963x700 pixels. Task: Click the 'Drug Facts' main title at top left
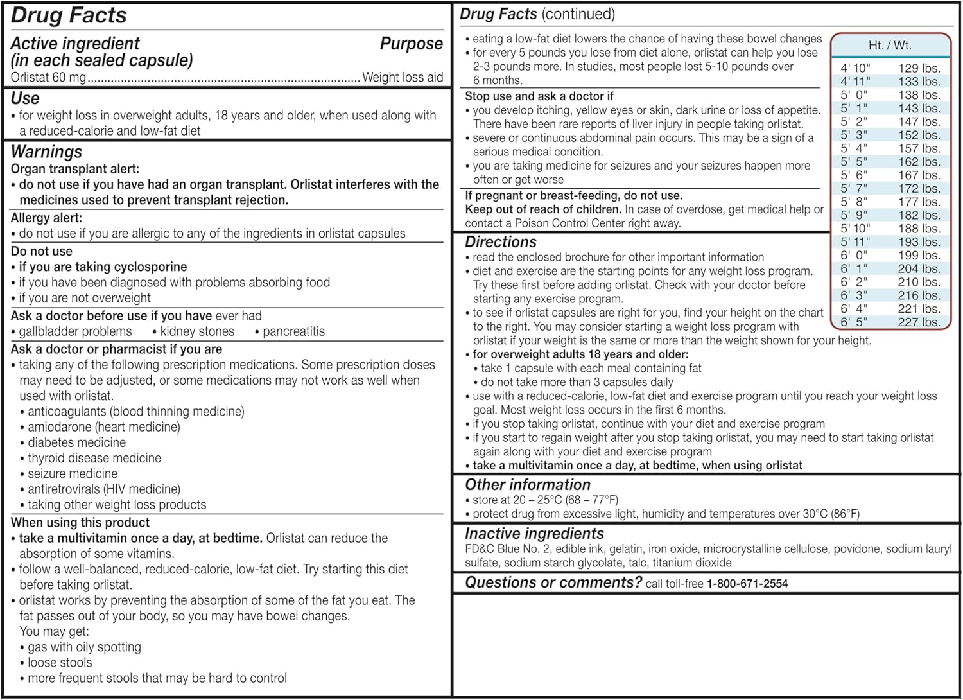69,15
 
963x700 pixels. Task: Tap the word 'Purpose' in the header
411,44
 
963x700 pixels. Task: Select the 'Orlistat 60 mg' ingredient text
48,78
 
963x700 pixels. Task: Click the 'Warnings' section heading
47,152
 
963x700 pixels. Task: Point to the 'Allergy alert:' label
46,218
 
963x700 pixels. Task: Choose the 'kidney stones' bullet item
197,332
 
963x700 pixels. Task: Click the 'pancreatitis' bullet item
293,332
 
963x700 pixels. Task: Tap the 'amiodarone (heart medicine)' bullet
104,427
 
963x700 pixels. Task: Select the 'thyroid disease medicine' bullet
94,459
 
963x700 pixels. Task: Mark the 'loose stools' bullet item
60,663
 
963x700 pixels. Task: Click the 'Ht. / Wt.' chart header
890,46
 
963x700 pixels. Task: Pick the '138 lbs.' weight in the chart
919,95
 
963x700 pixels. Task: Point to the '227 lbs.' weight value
919,322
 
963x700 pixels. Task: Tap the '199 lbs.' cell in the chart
919,256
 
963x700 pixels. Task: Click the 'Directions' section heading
501,242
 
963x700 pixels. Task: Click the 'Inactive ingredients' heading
534,534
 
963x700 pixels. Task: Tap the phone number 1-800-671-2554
747,584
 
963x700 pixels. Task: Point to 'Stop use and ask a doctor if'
539,96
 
